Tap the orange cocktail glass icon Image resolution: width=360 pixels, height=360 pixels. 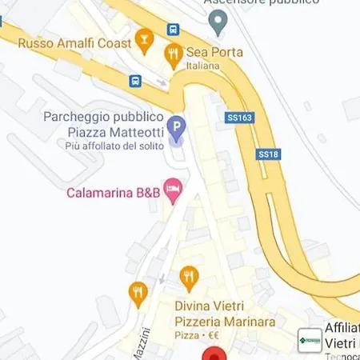(x=144, y=38)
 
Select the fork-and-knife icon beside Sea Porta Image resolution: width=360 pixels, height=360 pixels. (x=173, y=54)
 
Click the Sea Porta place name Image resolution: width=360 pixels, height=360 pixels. (x=214, y=52)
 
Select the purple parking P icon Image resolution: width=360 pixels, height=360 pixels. (x=177, y=126)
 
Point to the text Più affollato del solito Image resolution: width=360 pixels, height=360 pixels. (x=114, y=145)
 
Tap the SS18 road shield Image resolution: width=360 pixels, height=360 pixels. (x=268, y=154)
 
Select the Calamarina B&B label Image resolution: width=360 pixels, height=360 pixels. (x=113, y=192)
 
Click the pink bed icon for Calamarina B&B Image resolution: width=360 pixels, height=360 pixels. (x=174, y=190)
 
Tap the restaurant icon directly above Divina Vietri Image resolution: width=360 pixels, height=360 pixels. (x=189, y=278)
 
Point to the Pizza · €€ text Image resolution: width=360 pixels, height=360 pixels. (x=198, y=334)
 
